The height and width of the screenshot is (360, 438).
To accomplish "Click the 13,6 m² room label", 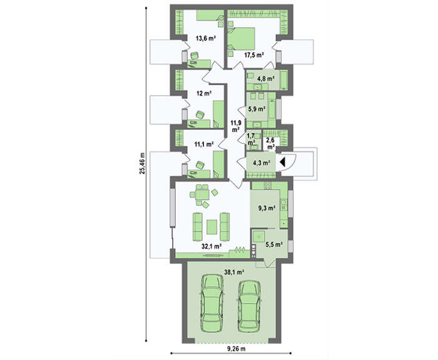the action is point(205,38).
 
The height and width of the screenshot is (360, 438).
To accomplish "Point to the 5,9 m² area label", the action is point(257,109).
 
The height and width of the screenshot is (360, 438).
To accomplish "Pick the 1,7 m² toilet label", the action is point(251,139).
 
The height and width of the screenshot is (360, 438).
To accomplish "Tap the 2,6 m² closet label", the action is point(270,143).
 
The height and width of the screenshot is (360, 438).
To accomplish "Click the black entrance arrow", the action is point(282,162).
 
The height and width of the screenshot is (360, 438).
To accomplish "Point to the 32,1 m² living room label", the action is point(211,246).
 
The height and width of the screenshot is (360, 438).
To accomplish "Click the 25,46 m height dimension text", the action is point(143,163).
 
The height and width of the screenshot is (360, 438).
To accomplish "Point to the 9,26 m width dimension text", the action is point(237,349).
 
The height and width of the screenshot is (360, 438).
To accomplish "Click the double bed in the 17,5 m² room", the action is point(242,39).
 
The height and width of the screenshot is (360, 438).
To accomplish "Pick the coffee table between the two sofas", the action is point(211,227).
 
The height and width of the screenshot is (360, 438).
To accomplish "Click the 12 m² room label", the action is point(204,94).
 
